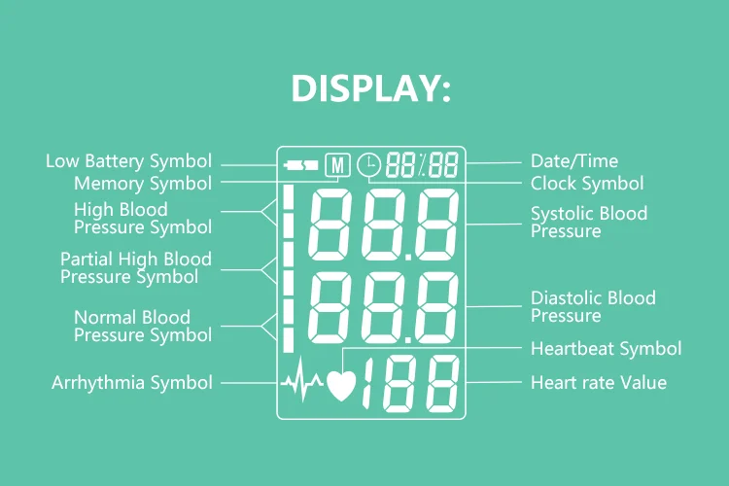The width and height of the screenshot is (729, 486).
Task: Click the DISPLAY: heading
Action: pyautogui.click(x=371, y=88)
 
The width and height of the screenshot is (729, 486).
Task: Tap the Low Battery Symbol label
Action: pyautogui.click(x=128, y=161)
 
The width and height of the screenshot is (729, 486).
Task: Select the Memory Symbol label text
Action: pyautogui.click(x=143, y=183)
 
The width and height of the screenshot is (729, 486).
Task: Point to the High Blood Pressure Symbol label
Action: pyautogui.click(x=142, y=219)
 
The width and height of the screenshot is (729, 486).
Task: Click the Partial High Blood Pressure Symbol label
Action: pyautogui.click(x=135, y=268)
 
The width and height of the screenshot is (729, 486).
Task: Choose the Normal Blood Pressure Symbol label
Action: pyautogui.click(x=142, y=327)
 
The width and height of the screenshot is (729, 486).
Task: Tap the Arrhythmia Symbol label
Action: pyautogui.click(x=131, y=383)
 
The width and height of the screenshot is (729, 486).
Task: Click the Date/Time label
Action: pyautogui.click(x=573, y=161)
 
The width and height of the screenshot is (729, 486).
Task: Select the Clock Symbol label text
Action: pyautogui.click(x=586, y=183)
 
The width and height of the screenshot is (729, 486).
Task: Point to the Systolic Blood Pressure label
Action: pyautogui.click(x=588, y=223)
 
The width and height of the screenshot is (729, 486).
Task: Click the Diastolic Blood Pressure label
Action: pyautogui.click(x=593, y=307)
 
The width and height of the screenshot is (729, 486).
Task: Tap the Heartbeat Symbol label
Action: pyautogui.click(x=606, y=348)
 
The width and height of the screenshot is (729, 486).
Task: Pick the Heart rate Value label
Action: pyautogui.click(x=598, y=383)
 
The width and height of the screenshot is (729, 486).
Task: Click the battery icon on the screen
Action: pyautogui.click(x=299, y=164)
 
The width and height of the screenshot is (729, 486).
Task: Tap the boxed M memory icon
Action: pyautogui.click(x=336, y=164)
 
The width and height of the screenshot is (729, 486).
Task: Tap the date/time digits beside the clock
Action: pyautogui.click(x=422, y=165)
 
